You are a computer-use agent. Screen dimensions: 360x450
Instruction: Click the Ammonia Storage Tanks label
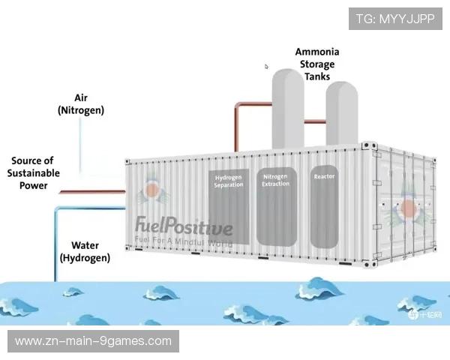point(316,64)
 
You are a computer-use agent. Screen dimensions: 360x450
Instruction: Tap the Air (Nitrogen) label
point(81,104)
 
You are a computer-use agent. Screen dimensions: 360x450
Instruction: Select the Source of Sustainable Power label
point(32,172)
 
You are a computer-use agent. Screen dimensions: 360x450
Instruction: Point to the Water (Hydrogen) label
point(85,251)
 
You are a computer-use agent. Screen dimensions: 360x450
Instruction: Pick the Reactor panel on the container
point(324,206)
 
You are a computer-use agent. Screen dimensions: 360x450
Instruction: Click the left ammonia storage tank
point(287,105)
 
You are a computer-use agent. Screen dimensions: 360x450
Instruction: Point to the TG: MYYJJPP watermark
point(395,18)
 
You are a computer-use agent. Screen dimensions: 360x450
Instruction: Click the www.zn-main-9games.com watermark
point(93,341)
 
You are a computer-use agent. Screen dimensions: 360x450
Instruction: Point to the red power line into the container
point(90,191)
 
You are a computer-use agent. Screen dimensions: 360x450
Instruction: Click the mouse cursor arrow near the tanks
point(266,67)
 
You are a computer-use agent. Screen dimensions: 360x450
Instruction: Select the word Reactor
point(324,177)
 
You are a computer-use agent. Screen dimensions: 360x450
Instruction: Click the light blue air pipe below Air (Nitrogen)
point(81,139)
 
